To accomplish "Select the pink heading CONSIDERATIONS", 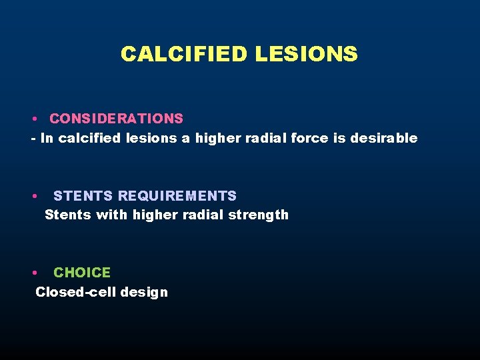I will [x=116, y=119].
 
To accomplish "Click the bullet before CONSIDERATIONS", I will [x=33, y=119].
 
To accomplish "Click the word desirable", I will [x=389, y=138].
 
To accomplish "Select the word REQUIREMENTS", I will [x=177, y=196].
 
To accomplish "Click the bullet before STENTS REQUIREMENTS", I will [x=33, y=197].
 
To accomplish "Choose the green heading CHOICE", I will [x=82, y=273].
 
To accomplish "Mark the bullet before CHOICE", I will [x=33, y=273].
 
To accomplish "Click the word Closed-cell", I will [x=71, y=292].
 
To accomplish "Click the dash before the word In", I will [x=33, y=139].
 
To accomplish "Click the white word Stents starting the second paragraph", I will [x=67, y=215].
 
